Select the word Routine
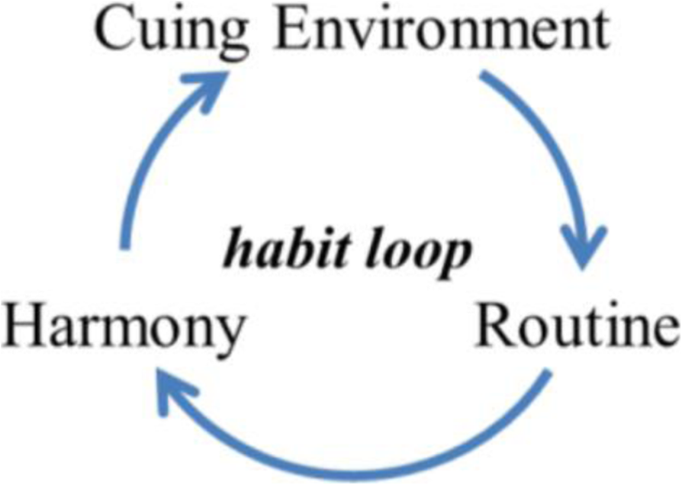(x=577, y=327)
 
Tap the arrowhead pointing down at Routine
(x=585, y=248)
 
